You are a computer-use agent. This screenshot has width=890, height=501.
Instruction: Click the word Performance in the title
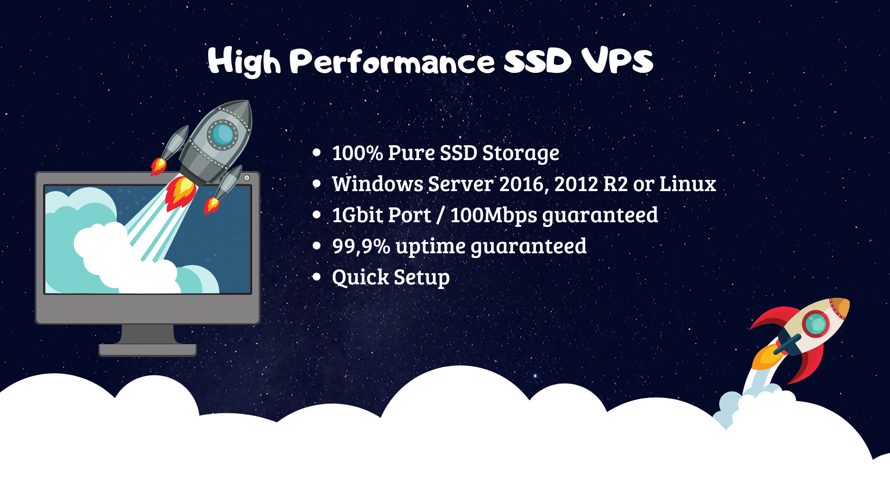tap(393, 62)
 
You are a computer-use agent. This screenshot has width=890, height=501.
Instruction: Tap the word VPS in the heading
tap(617, 61)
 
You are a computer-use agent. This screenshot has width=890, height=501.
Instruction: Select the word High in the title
tap(244, 61)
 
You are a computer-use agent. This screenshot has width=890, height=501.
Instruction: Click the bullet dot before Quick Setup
tap(317, 277)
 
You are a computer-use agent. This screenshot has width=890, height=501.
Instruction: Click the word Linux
tap(687, 184)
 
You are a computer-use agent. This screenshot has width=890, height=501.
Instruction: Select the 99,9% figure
tap(361, 246)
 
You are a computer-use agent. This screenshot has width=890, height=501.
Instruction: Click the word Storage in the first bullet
tap(521, 154)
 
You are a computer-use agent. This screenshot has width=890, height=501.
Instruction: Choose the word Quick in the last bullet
tap(360, 277)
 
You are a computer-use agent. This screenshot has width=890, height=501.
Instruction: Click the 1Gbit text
tap(357, 215)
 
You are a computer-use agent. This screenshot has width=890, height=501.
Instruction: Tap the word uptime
tap(430, 246)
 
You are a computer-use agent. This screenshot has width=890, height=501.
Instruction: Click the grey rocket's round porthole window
tap(222, 135)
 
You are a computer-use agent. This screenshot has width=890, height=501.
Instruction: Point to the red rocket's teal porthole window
tap(816, 324)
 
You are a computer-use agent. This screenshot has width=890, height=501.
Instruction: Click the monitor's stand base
tap(147, 350)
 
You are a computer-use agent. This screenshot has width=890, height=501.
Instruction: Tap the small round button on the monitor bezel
tap(247, 178)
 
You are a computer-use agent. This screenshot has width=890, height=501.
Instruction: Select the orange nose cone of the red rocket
tap(840, 308)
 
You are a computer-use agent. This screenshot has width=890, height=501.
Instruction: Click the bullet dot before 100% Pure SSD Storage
tap(317, 153)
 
